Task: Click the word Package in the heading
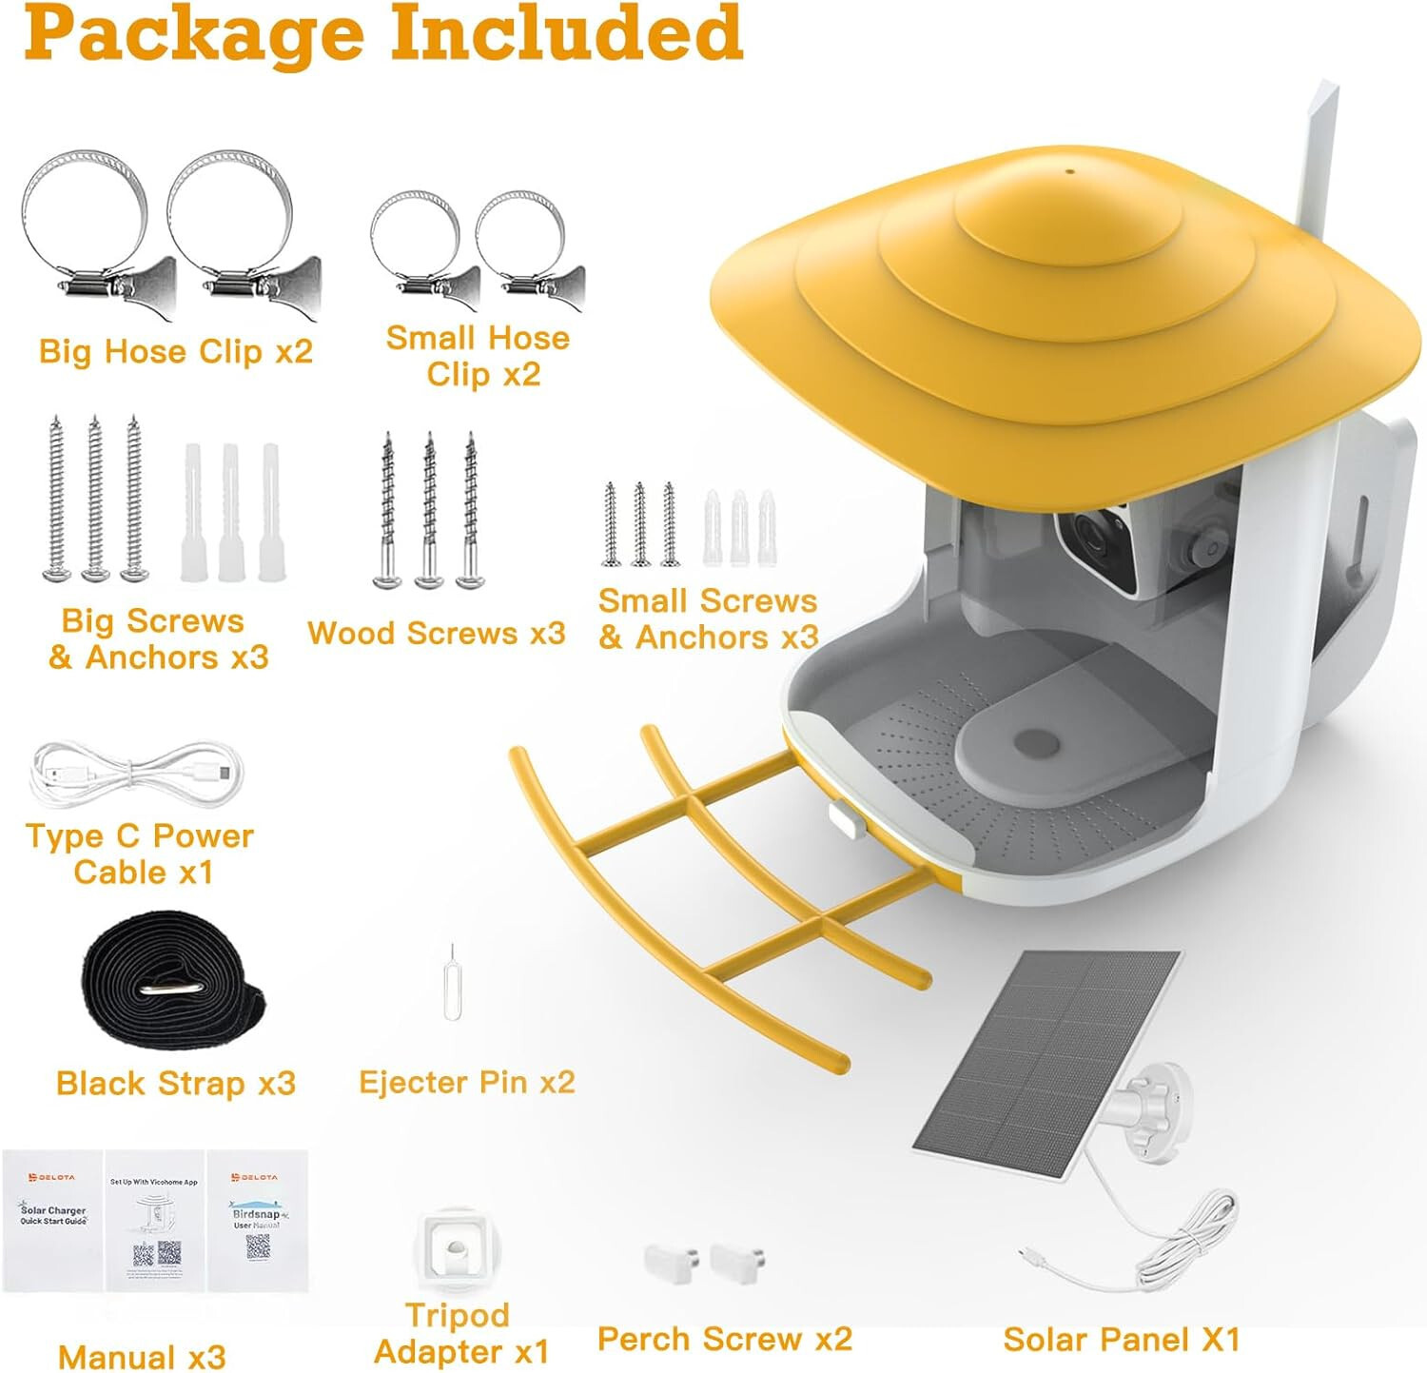[x=194, y=34]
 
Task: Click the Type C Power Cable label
[x=140, y=853]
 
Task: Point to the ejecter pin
[x=453, y=985]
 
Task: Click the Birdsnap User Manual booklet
[x=257, y=1220]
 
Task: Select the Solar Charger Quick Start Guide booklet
[x=53, y=1220]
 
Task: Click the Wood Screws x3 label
[x=437, y=633]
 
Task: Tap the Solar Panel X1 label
[x=1122, y=1340]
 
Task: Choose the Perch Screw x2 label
[x=724, y=1339]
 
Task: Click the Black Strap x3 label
[x=176, y=1083]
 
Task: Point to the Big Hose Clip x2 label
[x=176, y=351]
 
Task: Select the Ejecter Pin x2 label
[x=466, y=1082]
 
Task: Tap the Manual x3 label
[x=142, y=1356]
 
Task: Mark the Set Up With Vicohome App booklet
[x=154, y=1220]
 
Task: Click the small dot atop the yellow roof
[x=1069, y=172]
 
